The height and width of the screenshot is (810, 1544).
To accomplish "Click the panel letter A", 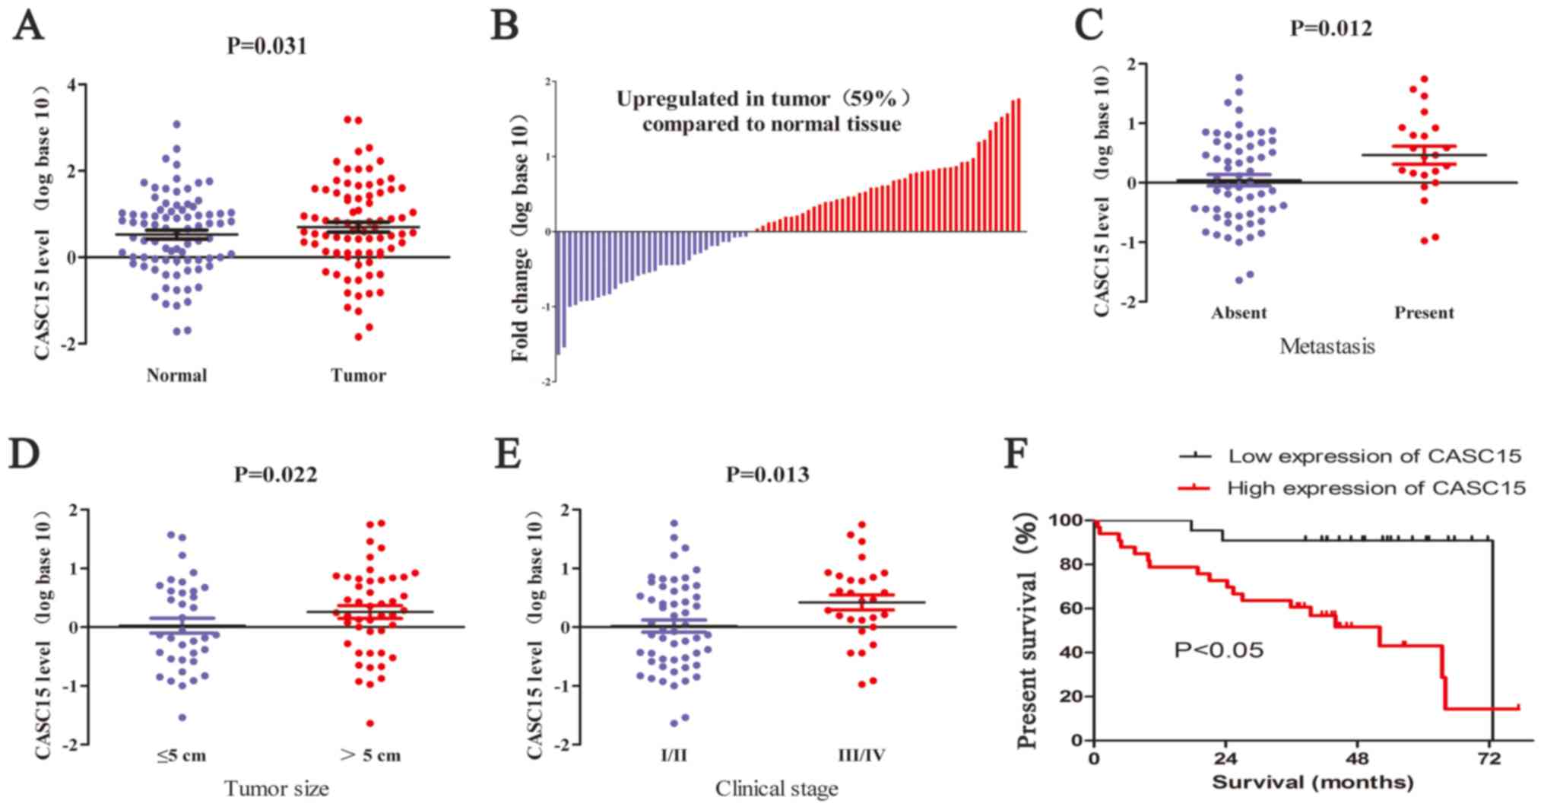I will pos(28,28).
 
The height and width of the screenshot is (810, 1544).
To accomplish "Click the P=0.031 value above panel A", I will pos(267,46).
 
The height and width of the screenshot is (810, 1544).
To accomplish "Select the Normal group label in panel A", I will pos(176,375).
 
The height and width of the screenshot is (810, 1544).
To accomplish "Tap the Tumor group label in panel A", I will pos(358,375).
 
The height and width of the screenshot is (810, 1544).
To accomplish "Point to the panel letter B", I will pos(505,27).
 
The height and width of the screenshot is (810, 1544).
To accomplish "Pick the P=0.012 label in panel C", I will pos(1331,29).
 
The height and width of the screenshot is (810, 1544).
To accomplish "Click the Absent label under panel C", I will pos(1239,313).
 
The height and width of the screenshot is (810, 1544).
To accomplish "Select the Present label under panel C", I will pos(1424,313).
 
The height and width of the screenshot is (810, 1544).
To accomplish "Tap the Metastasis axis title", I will pos(1327,347).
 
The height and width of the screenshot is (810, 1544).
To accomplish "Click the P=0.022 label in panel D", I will pos(275,475).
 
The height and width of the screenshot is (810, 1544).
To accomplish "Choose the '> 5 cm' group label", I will pos(370,755).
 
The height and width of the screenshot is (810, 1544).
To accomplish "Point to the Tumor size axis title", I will pos(277,789).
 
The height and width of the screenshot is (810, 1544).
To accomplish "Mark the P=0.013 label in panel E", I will pos(767,475).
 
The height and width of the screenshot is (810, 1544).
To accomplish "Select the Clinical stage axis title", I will pos(776,789).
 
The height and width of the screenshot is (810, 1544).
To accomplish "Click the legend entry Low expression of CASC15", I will pos(1374,456).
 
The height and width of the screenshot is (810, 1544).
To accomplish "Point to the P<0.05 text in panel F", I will pos(1219,650).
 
